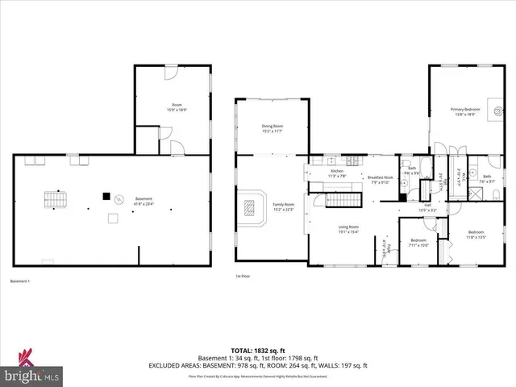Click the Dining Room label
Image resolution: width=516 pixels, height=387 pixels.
(x=272, y=128)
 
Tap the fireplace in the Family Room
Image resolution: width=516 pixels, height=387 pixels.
(x=252, y=209)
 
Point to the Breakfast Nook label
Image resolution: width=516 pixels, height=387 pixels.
(x=380, y=180)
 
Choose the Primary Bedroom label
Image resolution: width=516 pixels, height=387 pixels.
(x=465, y=110)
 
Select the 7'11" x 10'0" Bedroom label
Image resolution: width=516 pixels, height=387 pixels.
(x=418, y=243)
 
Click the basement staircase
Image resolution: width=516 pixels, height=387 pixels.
(x=53, y=199)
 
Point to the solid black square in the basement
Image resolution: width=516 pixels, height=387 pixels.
(x=105, y=194)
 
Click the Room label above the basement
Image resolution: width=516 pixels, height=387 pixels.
(x=177, y=107)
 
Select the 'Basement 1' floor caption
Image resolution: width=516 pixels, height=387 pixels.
(x=19, y=281)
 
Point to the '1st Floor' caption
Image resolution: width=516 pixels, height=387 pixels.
(x=240, y=277)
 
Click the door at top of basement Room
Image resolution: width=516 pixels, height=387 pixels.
(x=170, y=73)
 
